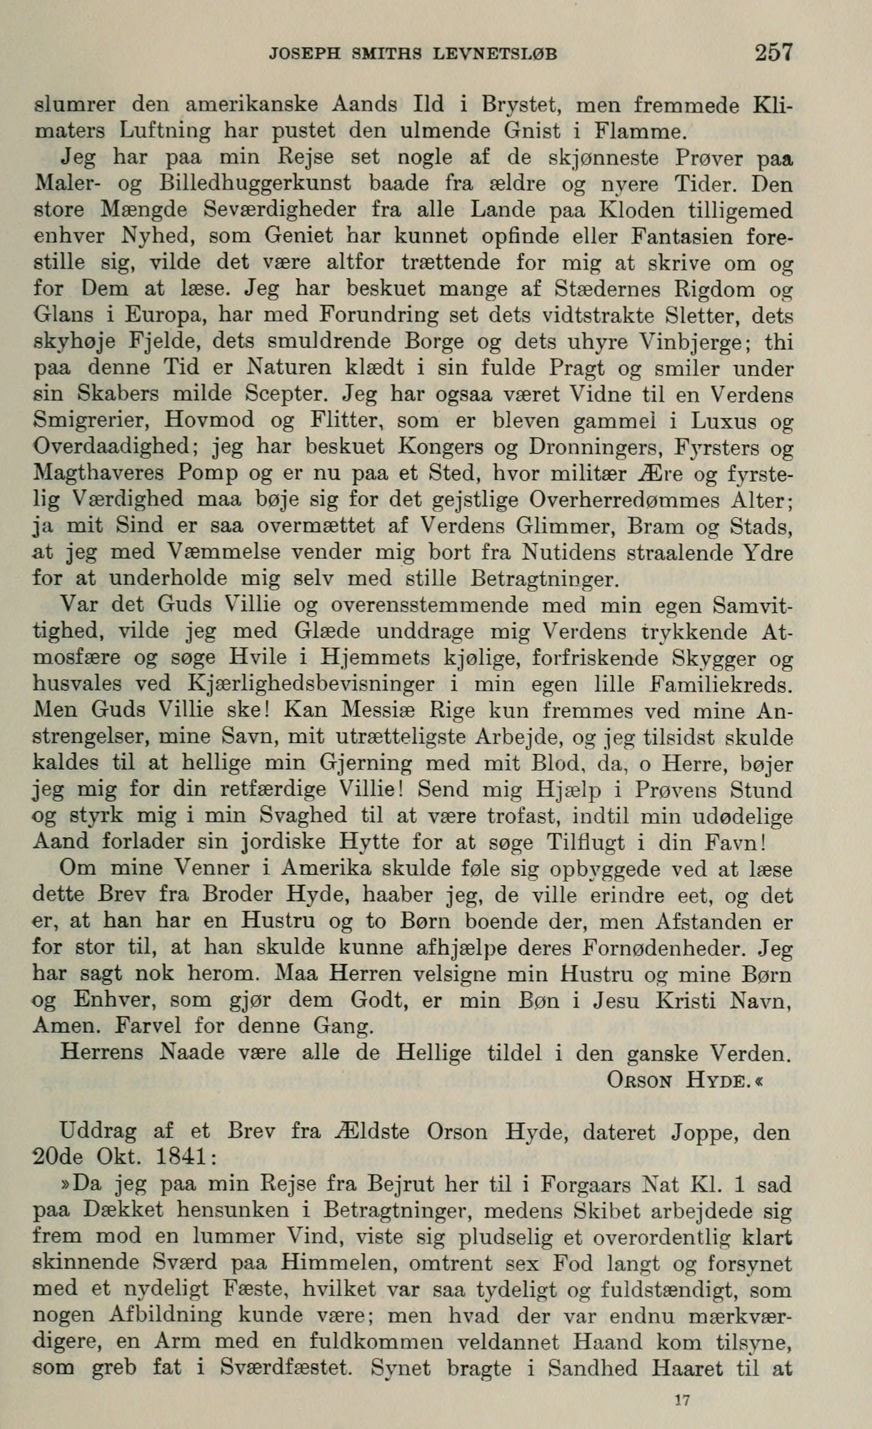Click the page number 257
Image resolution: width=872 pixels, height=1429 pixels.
[x=773, y=53]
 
